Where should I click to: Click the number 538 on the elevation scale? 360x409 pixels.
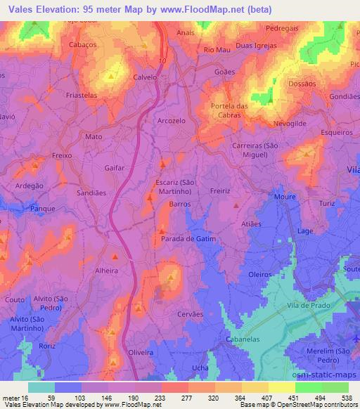(x=347, y=396)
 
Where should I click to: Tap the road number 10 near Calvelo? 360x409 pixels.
(x=162, y=62)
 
